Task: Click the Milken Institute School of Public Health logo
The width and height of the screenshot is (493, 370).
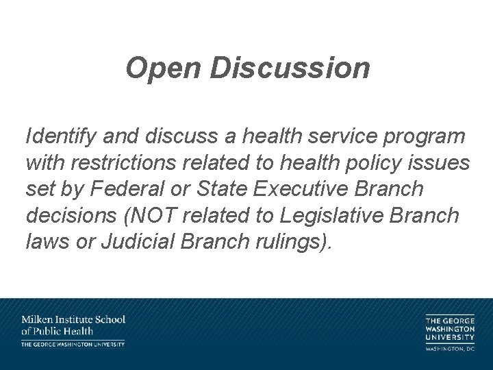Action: [73, 330]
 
